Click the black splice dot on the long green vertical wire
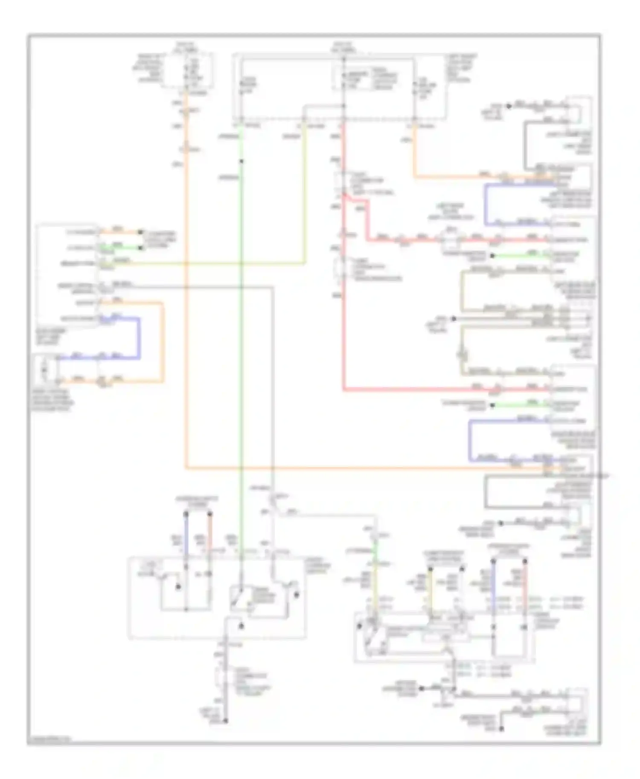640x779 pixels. pyautogui.click(x=241, y=161)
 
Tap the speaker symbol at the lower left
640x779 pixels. pyautogui.click(x=44, y=369)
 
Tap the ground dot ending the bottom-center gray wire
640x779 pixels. pyautogui.click(x=226, y=721)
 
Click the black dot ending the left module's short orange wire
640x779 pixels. pyautogui.click(x=140, y=232)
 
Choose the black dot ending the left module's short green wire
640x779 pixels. pyautogui.click(x=140, y=247)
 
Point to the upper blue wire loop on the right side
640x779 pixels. pyautogui.click(x=486, y=205)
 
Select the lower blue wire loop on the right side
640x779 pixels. pyautogui.click(x=470, y=441)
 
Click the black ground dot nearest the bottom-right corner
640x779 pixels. pyautogui.click(x=501, y=729)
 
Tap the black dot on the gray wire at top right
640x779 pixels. pyautogui.click(x=509, y=106)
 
